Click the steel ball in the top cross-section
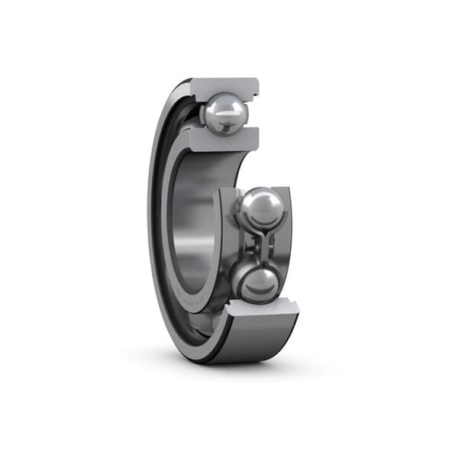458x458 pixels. coord(225,114)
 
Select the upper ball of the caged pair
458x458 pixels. coord(261,208)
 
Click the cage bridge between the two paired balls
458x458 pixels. coord(260,246)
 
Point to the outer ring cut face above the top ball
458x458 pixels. coord(224,86)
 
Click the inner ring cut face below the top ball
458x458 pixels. coord(221,140)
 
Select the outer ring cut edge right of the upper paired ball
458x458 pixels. coord(285,218)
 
